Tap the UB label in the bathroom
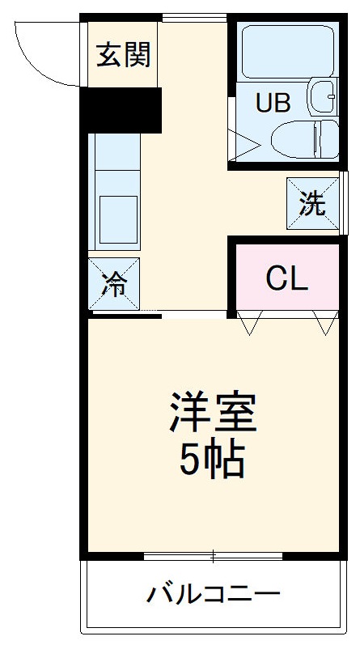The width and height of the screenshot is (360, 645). coord(273,103)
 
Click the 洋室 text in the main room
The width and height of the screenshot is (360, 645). coord(213,414)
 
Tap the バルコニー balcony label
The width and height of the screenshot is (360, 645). coord(214,596)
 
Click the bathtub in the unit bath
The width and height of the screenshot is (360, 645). coord(287,52)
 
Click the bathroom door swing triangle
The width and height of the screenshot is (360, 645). coord(244,146)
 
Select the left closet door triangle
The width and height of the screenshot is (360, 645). coord(248,325)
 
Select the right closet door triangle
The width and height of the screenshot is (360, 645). coord(326,325)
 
